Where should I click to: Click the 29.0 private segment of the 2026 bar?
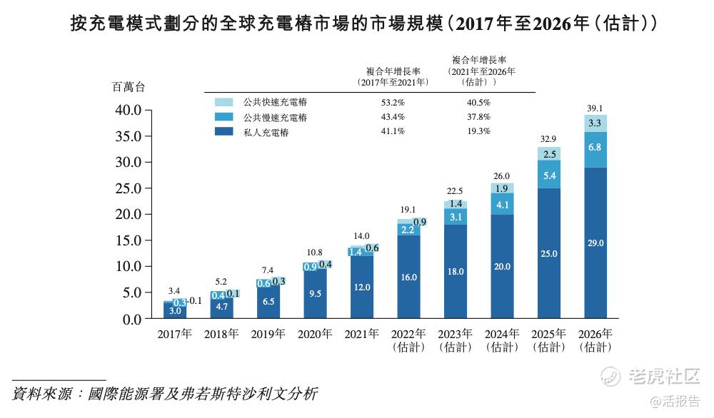tap(595, 243)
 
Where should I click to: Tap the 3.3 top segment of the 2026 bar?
tap(595, 123)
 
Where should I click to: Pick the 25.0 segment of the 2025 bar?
tap(549, 253)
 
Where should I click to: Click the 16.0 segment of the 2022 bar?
tap(409, 277)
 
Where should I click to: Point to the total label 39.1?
tap(595, 108)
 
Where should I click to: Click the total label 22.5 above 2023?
tap(456, 190)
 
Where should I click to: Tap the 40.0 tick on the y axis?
tap(130, 111)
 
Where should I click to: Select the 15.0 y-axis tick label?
tap(130, 240)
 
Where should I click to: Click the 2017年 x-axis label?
tap(176, 334)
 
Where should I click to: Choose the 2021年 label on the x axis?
tap(362, 334)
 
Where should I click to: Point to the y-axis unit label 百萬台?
tap(129, 87)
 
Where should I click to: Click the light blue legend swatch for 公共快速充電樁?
tap(224, 103)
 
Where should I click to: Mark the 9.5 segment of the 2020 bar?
tap(316, 292)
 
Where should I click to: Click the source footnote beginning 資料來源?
tap(165, 394)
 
